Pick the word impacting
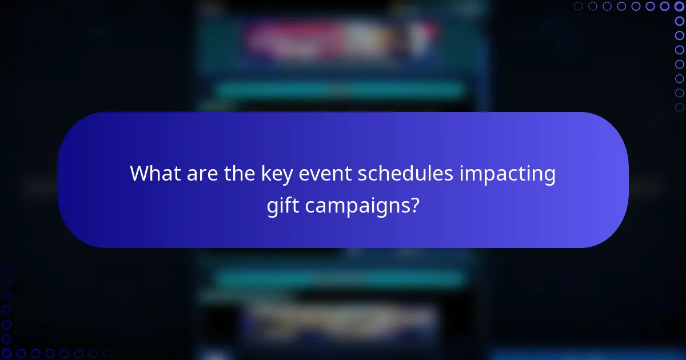(x=509, y=174)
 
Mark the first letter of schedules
(x=362, y=174)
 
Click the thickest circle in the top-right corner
(x=679, y=6)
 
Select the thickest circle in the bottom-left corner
(x=6, y=354)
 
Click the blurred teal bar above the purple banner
(x=341, y=90)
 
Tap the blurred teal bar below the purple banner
(x=341, y=278)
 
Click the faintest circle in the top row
(x=579, y=6)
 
